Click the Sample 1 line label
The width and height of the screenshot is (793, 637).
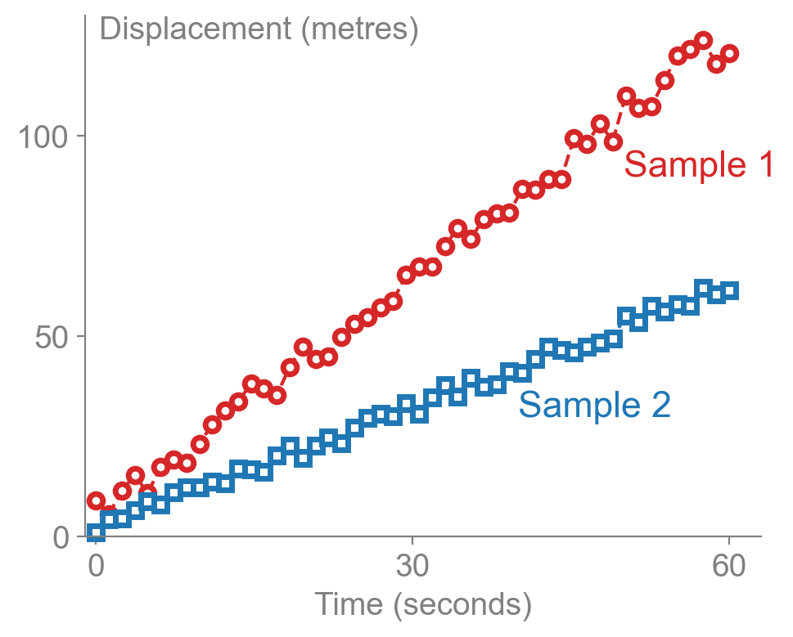(x=698, y=165)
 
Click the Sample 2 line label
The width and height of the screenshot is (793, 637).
(x=595, y=406)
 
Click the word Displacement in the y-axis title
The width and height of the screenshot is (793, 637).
(x=196, y=29)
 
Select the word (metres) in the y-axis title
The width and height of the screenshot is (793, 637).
(x=360, y=29)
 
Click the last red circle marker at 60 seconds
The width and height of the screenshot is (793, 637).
(x=729, y=54)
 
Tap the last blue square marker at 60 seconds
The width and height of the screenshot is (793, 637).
(x=729, y=291)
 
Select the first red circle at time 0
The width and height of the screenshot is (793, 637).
(x=96, y=500)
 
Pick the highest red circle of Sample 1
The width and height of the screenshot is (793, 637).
(x=703, y=41)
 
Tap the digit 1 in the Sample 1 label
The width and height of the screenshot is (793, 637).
(x=764, y=165)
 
